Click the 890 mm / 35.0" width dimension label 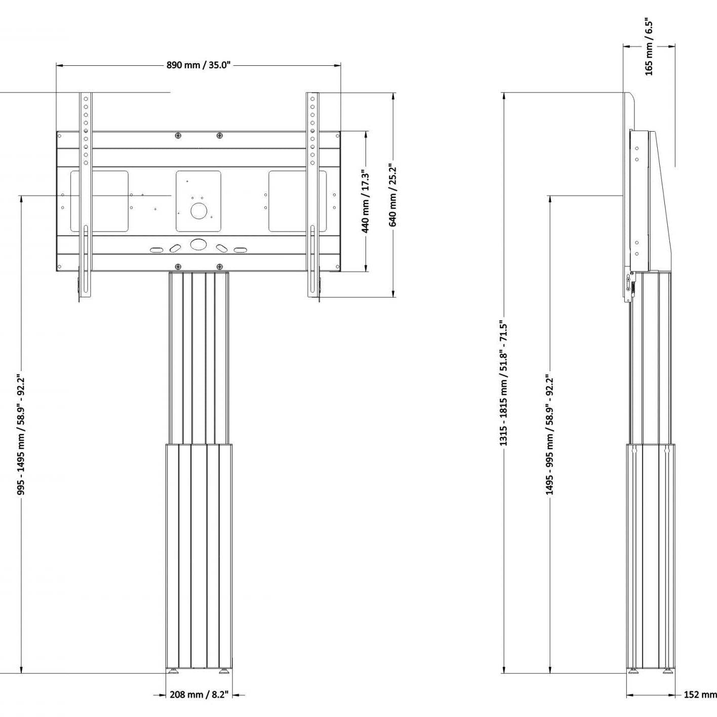click(198, 65)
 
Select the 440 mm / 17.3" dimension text click(366, 202)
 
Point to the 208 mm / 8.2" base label click(199, 694)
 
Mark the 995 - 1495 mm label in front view click(21, 434)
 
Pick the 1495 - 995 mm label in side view click(550, 434)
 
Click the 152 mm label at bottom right click(700, 695)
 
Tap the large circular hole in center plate click(198, 211)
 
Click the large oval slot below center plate click(198, 244)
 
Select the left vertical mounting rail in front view click(86, 195)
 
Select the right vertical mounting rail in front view click(312, 195)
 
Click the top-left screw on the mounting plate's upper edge click(178, 135)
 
